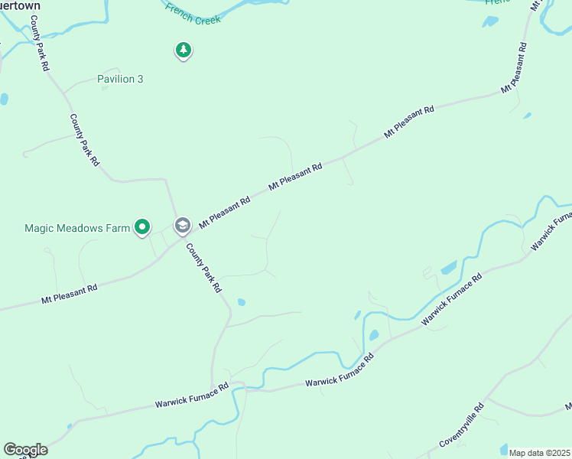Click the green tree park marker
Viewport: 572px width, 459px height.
click(183, 50)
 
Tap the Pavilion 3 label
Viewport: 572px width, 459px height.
click(120, 79)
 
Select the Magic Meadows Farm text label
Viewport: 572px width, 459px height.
click(77, 228)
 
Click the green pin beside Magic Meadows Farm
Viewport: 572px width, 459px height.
click(141, 226)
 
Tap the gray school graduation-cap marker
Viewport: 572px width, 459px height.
click(182, 225)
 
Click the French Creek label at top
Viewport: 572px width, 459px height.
click(193, 15)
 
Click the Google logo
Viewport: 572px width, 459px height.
click(25, 450)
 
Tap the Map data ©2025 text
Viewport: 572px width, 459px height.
click(539, 453)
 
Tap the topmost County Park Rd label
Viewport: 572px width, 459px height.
click(40, 47)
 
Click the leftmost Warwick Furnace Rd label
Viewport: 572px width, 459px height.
click(192, 396)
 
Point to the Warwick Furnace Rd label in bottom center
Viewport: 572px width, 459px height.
click(340, 370)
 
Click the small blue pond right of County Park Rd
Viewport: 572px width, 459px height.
click(241, 302)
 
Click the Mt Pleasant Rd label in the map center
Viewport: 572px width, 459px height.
click(295, 177)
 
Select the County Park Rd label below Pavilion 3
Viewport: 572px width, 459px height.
click(85, 140)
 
